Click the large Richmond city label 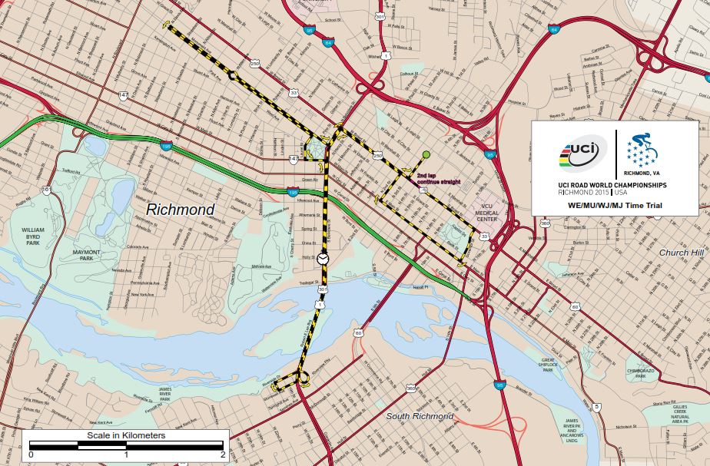click(x=181, y=209)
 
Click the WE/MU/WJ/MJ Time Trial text click(x=615, y=207)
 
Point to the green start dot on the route click(x=426, y=155)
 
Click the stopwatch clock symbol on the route click(x=323, y=259)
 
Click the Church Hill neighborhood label click(x=681, y=252)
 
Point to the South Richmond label click(x=420, y=416)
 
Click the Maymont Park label click(x=87, y=254)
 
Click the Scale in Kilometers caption click(x=121, y=436)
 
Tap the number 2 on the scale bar click(x=222, y=455)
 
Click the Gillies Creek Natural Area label click(x=679, y=414)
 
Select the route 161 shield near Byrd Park click(x=46, y=190)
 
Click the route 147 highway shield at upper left click(x=123, y=94)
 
